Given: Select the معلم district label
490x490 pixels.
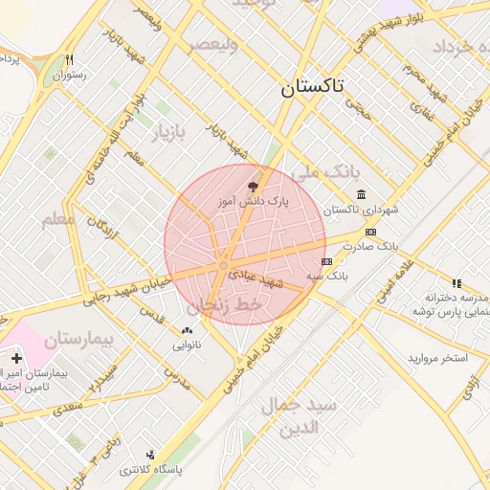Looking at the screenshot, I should click(58, 219).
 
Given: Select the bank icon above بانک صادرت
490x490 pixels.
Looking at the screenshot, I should click(371, 232).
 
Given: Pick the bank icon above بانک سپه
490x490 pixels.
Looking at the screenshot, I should click(327, 261).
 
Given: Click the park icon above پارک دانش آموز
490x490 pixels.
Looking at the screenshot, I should click(253, 186).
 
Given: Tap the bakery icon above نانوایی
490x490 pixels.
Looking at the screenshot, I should click(187, 329).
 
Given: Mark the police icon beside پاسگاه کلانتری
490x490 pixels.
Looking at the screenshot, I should click(150, 455).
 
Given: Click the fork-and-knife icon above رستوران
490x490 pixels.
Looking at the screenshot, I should click(69, 59).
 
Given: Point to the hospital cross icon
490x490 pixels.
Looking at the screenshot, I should click(16, 358).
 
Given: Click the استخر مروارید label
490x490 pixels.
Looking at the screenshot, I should click(437, 358).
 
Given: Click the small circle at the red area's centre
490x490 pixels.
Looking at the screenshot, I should click(223, 265).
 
